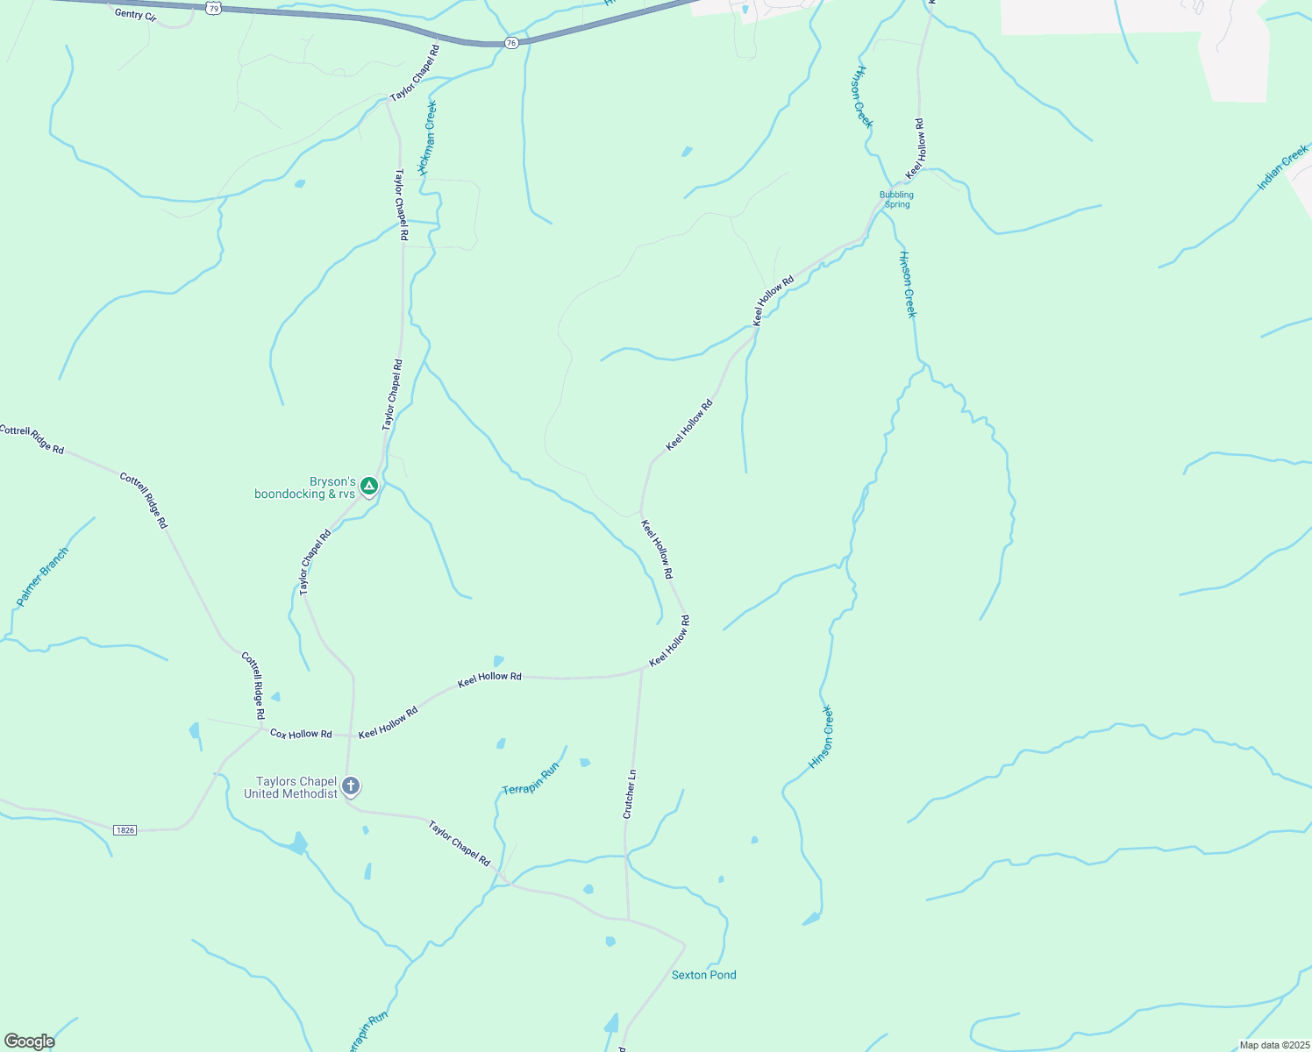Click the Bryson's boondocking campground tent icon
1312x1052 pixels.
369,485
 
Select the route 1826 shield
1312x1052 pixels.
125,829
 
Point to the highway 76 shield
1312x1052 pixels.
512,42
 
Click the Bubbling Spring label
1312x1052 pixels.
896,199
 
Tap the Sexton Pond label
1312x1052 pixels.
703,975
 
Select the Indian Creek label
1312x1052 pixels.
1282,169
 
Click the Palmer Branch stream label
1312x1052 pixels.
42,578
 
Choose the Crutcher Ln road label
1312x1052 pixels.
629,794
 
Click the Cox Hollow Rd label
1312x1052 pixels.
301,733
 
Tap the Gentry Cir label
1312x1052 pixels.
135,14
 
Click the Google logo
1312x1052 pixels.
29,1041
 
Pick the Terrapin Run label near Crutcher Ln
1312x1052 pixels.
531,779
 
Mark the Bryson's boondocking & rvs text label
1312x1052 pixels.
305,488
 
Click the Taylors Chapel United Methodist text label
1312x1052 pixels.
290,787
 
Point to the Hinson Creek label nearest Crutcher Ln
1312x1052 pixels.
822,737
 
